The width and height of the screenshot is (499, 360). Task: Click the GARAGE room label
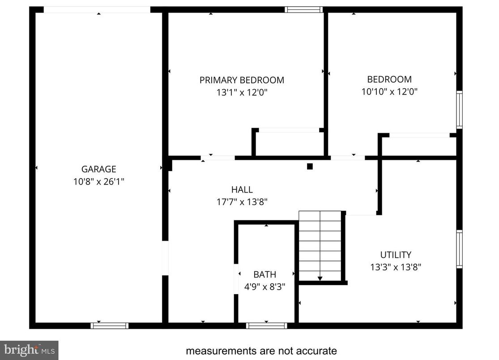pyautogui.click(x=98, y=169)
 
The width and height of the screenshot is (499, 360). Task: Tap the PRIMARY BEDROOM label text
pyautogui.click(x=242, y=80)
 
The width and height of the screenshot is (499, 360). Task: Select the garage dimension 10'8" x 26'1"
pyautogui.click(x=98, y=181)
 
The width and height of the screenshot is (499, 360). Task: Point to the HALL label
pyautogui.click(x=242, y=189)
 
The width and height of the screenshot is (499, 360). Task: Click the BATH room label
pyautogui.click(x=264, y=274)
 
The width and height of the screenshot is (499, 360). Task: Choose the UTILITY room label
pyautogui.click(x=396, y=255)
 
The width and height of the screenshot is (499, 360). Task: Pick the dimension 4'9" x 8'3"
pyautogui.click(x=264, y=287)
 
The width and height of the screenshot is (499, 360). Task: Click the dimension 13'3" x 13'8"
pyautogui.click(x=396, y=267)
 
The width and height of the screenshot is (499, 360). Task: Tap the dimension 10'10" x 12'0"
pyautogui.click(x=389, y=92)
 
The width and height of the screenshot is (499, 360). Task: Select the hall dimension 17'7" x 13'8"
pyautogui.click(x=242, y=201)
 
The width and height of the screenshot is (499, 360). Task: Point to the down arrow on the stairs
pyautogui.click(x=320, y=278)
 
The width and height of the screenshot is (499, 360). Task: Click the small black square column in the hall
pyautogui.click(x=309, y=167)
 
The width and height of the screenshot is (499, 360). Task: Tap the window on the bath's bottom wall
pyautogui.click(x=266, y=326)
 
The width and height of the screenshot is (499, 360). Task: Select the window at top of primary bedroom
pyautogui.click(x=303, y=9)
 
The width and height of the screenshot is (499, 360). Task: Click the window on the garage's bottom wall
pyautogui.click(x=110, y=326)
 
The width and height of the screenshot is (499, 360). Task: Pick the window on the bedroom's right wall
pyautogui.click(x=459, y=110)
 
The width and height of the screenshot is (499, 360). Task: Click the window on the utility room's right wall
pyautogui.click(x=459, y=249)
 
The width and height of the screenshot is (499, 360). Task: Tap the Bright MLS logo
pyautogui.click(x=29, y=349)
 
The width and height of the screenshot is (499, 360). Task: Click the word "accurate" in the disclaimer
pyautogui.click(x=313, y=351)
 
